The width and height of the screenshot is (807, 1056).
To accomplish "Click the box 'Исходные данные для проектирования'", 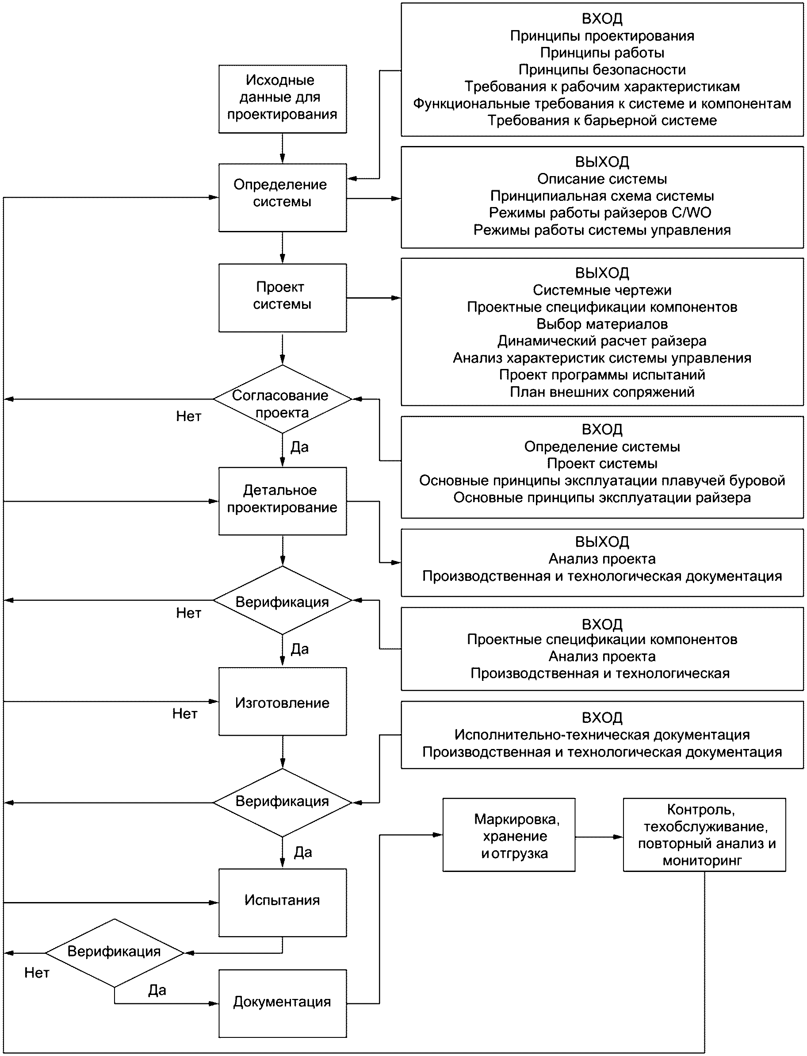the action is [283, 99].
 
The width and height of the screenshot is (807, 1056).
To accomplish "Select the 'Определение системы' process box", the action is [283, 197].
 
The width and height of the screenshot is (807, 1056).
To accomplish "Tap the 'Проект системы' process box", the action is [283, 298].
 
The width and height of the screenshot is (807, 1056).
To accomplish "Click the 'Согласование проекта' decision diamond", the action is [283, 399].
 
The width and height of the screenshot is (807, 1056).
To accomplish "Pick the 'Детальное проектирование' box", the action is [283, 501].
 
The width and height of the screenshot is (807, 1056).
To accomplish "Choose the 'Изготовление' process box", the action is [283, 702].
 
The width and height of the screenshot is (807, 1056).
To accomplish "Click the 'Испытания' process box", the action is [283, 902].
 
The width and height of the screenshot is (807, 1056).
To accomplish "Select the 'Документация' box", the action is [283, 1003].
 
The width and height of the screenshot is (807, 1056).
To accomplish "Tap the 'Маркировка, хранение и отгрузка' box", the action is [509, 835].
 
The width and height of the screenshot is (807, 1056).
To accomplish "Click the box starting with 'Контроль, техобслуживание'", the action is [705, 835].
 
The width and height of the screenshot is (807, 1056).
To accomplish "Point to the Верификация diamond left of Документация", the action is [115, 953].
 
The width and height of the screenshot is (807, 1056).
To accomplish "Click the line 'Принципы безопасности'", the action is [602, 69].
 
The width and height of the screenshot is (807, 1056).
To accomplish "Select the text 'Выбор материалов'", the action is [602, 324].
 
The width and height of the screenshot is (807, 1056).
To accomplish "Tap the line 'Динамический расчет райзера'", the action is [602, 341].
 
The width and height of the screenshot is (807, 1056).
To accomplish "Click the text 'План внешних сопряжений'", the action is [602, 392].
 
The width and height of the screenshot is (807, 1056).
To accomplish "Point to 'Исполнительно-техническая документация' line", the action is [602, 734].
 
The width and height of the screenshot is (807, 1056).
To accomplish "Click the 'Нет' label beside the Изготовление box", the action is [185, 714].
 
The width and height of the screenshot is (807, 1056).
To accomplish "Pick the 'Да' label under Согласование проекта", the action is [300, 447].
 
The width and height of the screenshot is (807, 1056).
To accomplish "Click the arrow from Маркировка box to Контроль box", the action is [599, 837].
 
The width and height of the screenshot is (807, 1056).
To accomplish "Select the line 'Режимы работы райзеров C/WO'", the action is [600, 212].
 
